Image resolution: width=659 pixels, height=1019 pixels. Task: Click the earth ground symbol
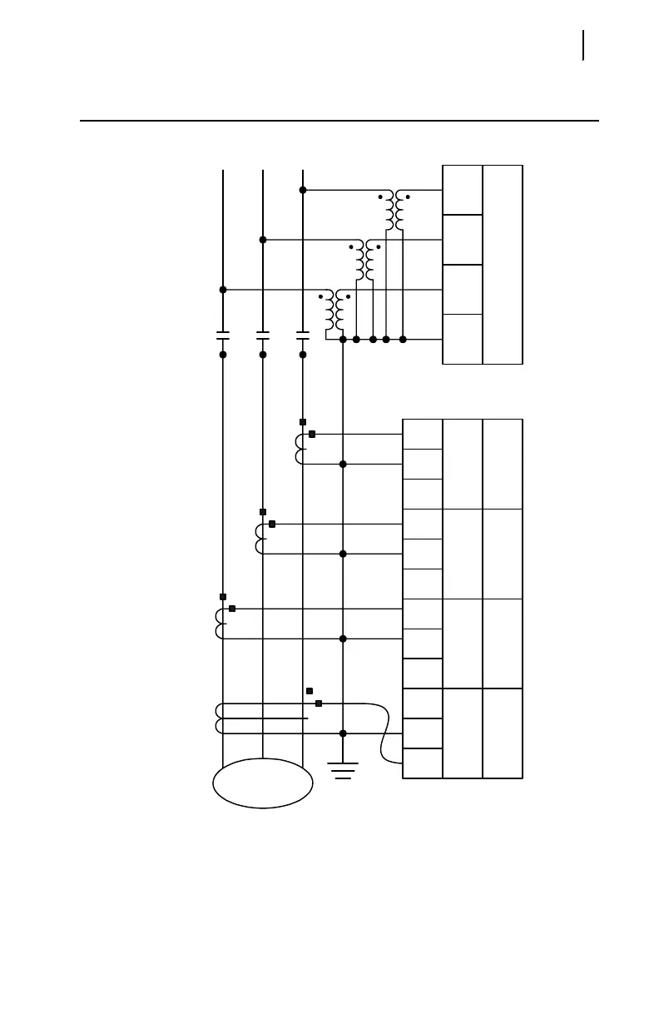pyautogui.click(x=343, y=770)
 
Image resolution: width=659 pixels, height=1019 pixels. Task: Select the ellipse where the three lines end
pyautogui.click(x=263, y=783)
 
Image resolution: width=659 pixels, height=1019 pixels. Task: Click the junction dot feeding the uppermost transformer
pyautogui.click(x=303, y=190)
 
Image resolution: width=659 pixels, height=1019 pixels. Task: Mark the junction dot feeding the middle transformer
pyautogui.click(x=263, y=240)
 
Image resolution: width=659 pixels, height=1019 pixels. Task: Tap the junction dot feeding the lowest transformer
pyautogui.click(x=223, y=290)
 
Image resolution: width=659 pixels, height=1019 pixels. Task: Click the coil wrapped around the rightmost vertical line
pyautogui.click(x=300, y=449)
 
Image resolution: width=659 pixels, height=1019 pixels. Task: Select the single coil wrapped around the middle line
pyautogui.click(x=260, y=539)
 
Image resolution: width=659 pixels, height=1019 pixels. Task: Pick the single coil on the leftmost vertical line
pyautogui.click(x=220, y=624)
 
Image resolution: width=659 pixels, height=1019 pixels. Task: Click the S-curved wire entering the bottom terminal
pyautogui.click(x=386, y=733)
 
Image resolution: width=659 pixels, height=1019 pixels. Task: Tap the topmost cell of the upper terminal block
pyautogui.click(x=463, y=190)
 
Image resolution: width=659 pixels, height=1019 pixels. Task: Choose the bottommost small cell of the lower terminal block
pyautogui.click(x=423, y=763)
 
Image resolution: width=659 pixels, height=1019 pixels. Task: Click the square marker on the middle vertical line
pyautogui.click(x=263, y=512)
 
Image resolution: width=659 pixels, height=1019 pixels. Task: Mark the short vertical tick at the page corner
pyautogui.click(x=583, y=45)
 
